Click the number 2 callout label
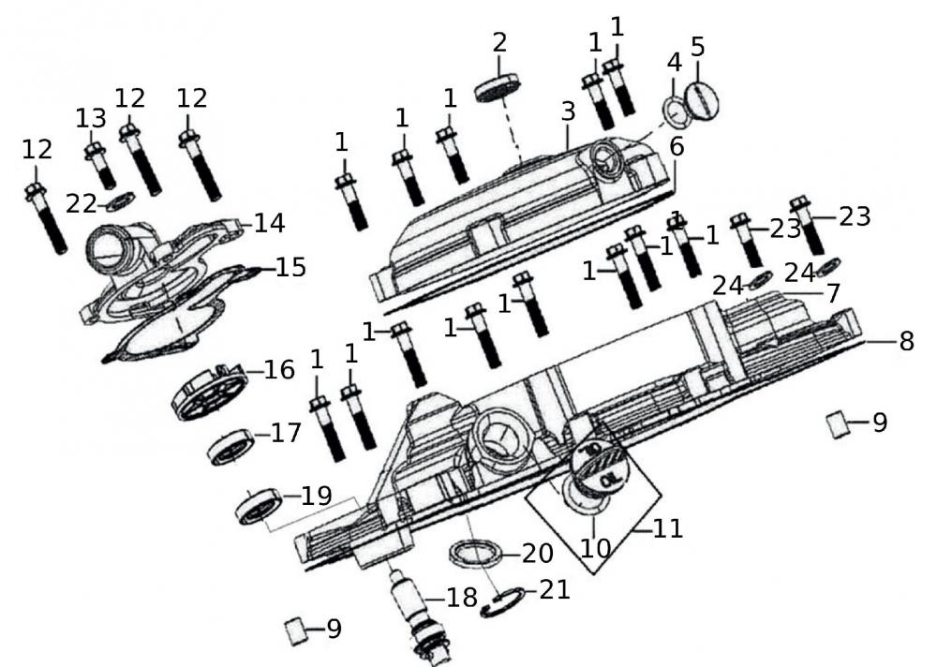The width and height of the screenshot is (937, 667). (499, 42)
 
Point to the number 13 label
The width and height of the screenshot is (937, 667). (91, 119)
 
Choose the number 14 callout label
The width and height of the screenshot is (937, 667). (270, 224)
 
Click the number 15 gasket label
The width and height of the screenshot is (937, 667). (291, 268)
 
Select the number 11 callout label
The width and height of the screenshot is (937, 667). (668, 528)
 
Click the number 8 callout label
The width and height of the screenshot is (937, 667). (906, 342)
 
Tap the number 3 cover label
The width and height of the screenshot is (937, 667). (568, 111)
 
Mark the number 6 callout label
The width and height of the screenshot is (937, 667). (677, 147)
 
